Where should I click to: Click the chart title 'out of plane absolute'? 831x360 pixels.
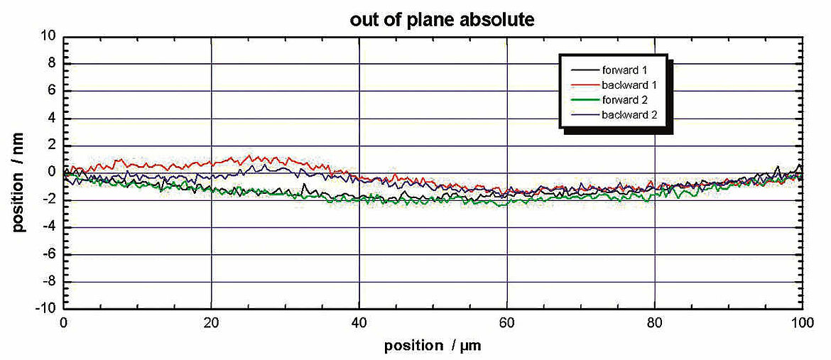tap(441, 20)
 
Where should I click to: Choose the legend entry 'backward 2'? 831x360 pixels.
tap(626, 114)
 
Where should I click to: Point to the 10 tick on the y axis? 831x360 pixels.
tap(48, 36)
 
